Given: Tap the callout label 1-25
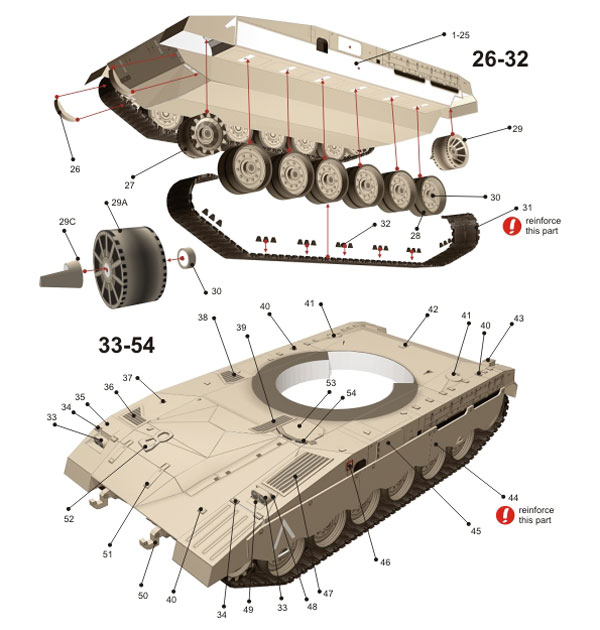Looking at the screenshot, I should (x=459, y=35).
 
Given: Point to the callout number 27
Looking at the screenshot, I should (x=129, y=185).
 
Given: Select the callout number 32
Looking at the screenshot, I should (x=385, y=224).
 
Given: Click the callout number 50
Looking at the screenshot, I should (x=143, y=595).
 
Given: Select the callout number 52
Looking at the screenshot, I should (x=68, y=518).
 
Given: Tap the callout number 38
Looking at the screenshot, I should (x=202, y=318).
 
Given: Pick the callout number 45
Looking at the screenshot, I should (x=475, y=530).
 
